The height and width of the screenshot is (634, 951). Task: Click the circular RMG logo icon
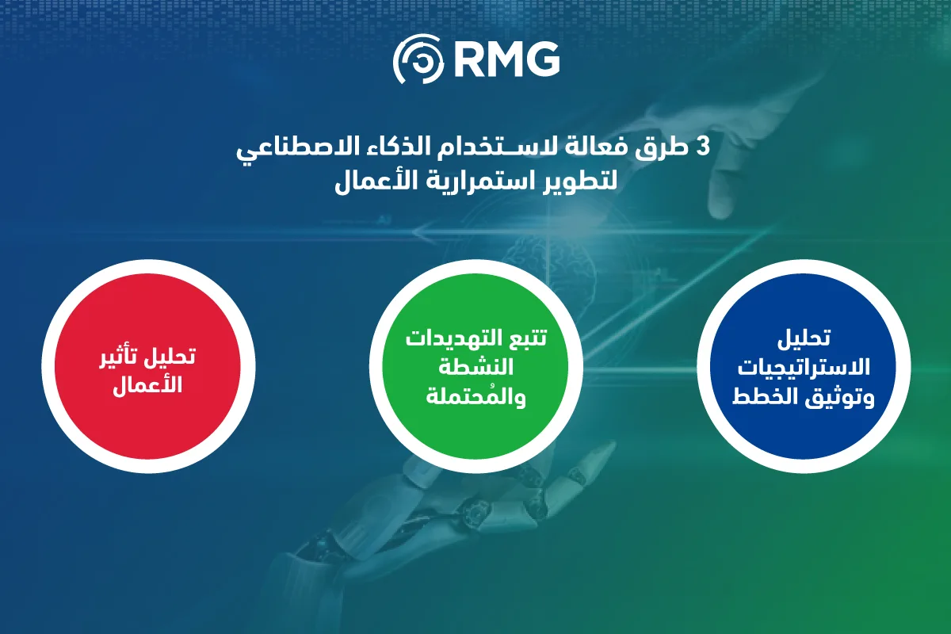[418, 59]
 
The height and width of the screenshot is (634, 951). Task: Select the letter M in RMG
[506, 59]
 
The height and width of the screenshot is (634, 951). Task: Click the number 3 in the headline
[704, 147]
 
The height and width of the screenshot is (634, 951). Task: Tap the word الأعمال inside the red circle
[147, 385]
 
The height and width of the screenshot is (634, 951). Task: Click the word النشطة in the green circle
[476, 366]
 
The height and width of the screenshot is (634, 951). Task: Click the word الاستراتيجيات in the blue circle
[804, 367]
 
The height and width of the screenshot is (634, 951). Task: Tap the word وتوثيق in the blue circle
[839, 398]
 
